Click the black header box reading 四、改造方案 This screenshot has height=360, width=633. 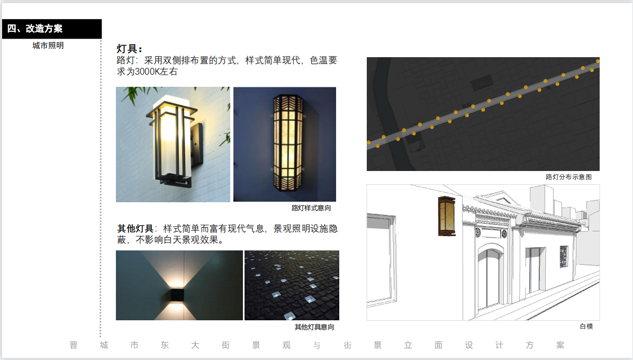52,29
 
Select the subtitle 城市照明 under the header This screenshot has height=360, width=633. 48,46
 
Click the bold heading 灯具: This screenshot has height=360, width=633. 129,49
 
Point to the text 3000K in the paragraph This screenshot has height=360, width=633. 147,72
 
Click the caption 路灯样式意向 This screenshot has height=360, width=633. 311,208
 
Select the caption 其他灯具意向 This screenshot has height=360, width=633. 314,327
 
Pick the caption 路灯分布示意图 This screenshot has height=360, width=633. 568,177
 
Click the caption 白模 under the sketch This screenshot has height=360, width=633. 586,326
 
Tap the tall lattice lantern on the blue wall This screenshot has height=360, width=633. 287,142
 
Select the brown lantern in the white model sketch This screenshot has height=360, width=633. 447,216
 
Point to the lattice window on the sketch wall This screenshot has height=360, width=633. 564,256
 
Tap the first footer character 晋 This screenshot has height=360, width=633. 74,345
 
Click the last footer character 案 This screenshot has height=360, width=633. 560,345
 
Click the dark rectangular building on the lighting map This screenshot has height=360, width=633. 482,83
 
